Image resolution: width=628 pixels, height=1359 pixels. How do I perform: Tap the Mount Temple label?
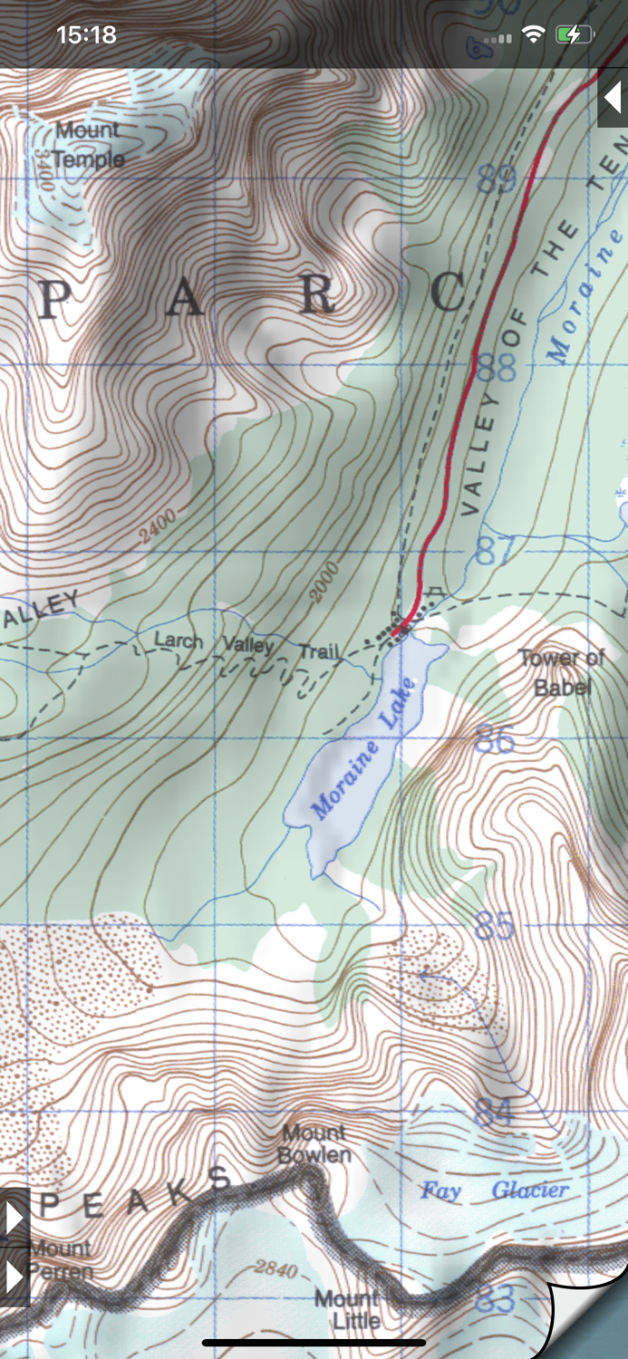[x=88, y=145]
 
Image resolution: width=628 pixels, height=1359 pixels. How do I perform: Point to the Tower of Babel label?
[x=562, y=672]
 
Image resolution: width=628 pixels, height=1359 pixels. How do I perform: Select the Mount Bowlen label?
[x=314, y=1143]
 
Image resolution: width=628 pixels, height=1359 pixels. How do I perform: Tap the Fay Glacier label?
[x=494, y=1190]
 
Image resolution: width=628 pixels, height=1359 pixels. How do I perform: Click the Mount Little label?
[x=347, y=1309]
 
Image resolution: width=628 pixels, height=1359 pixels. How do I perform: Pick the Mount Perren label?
[x=60, y=1259]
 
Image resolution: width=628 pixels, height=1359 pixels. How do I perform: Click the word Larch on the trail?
[x=179, y=641]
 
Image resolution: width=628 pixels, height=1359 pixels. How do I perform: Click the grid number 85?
[x=495, y=926]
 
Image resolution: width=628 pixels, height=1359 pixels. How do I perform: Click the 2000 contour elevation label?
[x=324, y=581]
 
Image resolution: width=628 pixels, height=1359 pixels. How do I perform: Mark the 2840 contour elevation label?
[x=275, y=1268]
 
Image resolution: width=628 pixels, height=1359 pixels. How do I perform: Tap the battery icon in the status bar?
[x=575, y=35]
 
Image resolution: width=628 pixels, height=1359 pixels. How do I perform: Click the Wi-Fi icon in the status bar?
[x=534, y=35]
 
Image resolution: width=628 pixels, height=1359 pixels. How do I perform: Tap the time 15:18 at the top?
[x=86, y=35]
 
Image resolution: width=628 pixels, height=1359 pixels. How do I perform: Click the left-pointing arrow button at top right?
[x=613, y=97]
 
